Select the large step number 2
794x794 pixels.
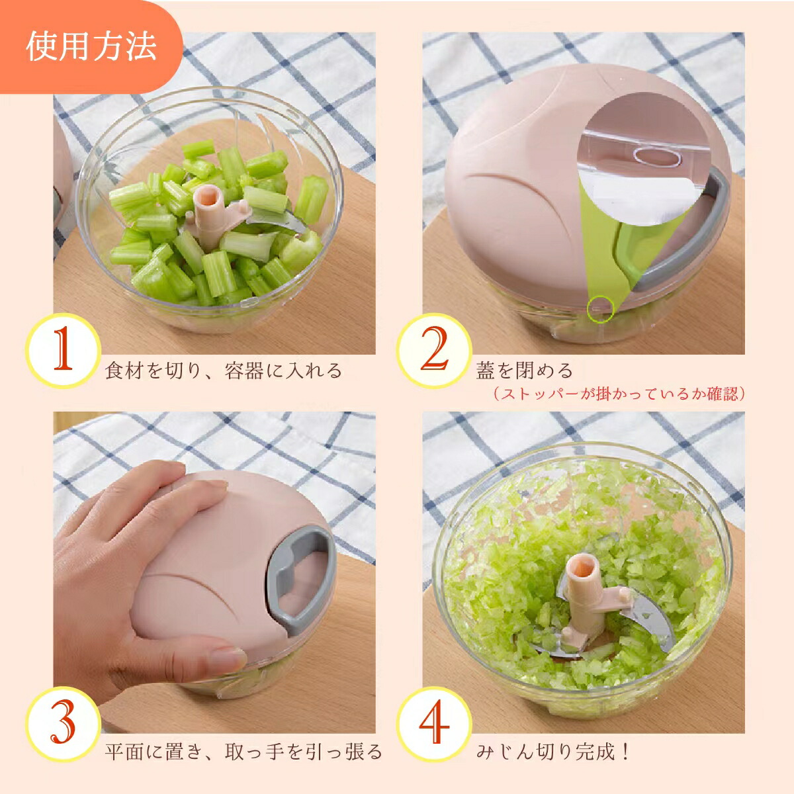point(434,349)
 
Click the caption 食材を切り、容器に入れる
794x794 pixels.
point(224,371)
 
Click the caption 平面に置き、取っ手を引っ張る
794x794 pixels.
point(243,752)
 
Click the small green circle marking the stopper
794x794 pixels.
point(601,308)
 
